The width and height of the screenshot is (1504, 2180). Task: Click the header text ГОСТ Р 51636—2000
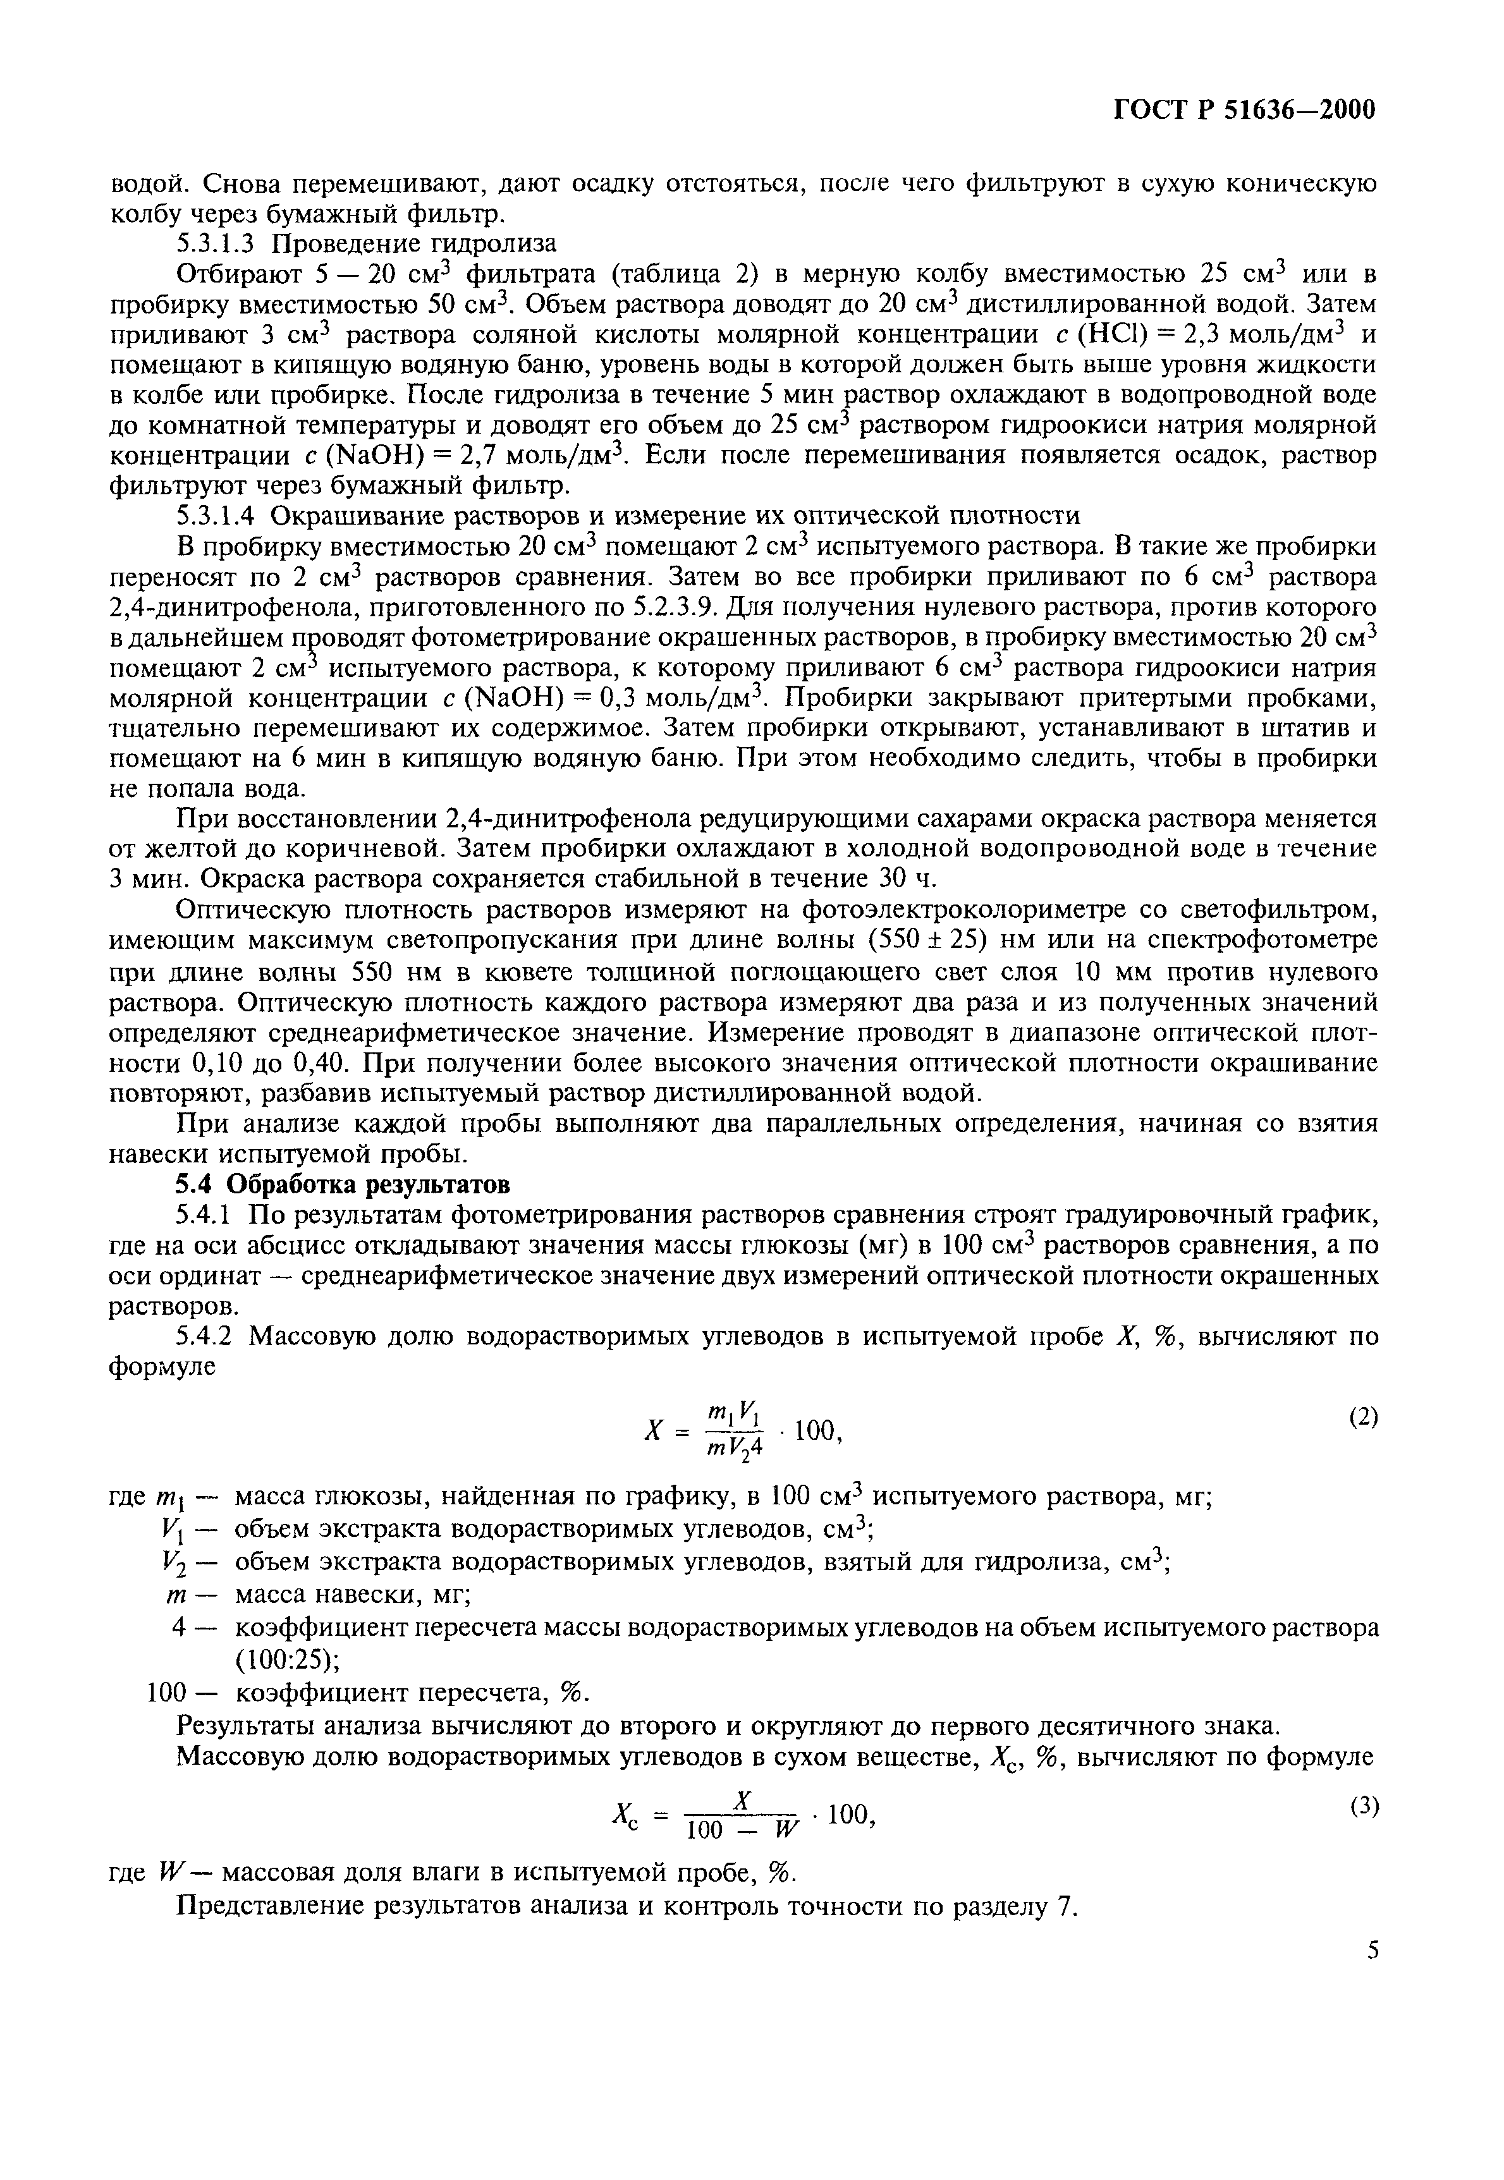coord(1245,110)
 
